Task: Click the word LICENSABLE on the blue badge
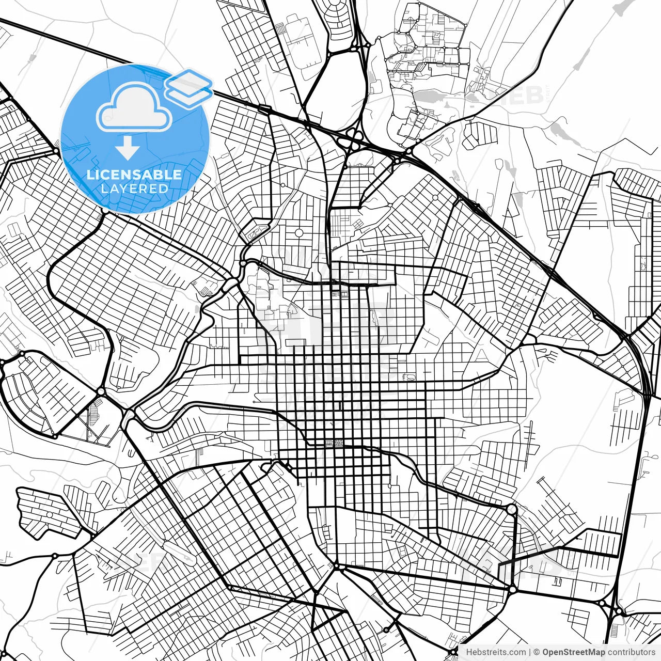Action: [134, 175]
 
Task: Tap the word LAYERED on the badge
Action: [134, 189]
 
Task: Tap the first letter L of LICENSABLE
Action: [90, 175]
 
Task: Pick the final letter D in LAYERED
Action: [164, 189]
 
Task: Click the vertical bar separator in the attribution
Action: [530, 652]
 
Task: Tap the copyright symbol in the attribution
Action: [537, 652]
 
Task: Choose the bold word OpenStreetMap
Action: [574, 652]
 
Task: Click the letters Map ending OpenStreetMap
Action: [596, 652]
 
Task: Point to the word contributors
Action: [632, 652]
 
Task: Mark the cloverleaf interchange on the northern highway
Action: [354, 136]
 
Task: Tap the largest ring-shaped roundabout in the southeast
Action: [511, 509]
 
